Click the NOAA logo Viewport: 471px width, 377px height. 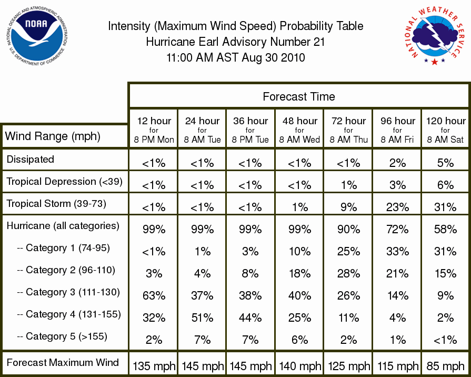(37, 35)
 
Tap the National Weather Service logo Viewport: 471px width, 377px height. (435, 35)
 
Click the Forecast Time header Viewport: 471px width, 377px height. (298, 96)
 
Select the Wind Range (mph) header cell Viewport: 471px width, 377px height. (53, 136)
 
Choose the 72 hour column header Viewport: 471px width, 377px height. (348, 130)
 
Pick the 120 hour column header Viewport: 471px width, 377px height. (445, 130)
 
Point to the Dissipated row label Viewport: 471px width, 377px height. (31, 159)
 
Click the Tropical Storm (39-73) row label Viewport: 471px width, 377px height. (56, 204)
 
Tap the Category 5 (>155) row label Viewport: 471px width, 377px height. (62, 336)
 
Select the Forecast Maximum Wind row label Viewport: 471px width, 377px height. (63, 362)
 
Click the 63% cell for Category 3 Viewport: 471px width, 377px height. (154, 295)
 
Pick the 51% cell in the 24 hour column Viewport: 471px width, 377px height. (202, 318)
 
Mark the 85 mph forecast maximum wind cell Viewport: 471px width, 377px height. (445, 366)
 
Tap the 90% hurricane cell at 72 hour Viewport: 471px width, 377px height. (348, 230)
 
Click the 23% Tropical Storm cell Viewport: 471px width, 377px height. (397, 207)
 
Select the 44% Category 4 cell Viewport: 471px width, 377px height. (250, 318)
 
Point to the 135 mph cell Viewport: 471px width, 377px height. (154, 366)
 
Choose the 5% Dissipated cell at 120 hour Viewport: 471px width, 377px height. (445, 163)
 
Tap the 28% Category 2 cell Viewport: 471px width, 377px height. (348, 274)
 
